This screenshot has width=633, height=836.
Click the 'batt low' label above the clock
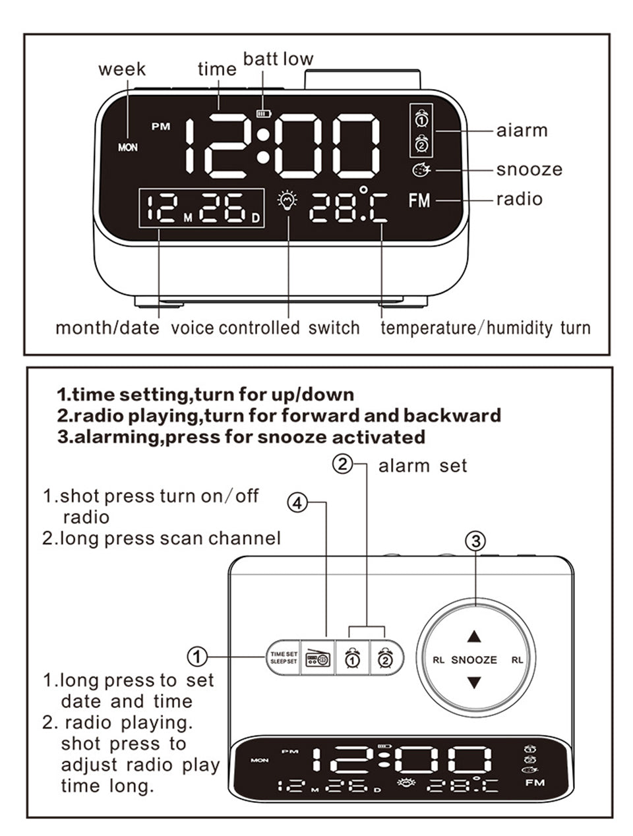point(278,59)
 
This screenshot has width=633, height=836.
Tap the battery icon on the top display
point(263,113)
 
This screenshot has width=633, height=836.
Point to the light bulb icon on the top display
point(287,200)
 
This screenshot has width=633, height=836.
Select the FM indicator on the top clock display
point(419,200)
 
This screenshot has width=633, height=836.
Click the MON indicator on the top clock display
point(128,147)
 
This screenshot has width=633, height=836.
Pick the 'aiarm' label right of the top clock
point(522,131)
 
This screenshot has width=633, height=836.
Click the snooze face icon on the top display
point(421,170)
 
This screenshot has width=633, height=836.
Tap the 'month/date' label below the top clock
point(107,328)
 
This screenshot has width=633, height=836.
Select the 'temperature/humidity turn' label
point(485,328)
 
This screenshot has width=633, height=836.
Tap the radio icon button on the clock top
point(318,657)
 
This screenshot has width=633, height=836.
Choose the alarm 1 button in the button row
point(352,657)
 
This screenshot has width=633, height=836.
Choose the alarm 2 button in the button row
point(386,657)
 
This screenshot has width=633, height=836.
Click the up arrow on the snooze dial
point(474,636)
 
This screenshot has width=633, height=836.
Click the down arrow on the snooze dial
point(474,682)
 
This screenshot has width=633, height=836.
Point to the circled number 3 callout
point(475,541)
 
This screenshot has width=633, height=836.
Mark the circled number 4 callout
point(298,503)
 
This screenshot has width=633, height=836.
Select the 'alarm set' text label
point(422,466)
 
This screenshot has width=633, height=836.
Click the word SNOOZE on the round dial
point(474,659)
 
